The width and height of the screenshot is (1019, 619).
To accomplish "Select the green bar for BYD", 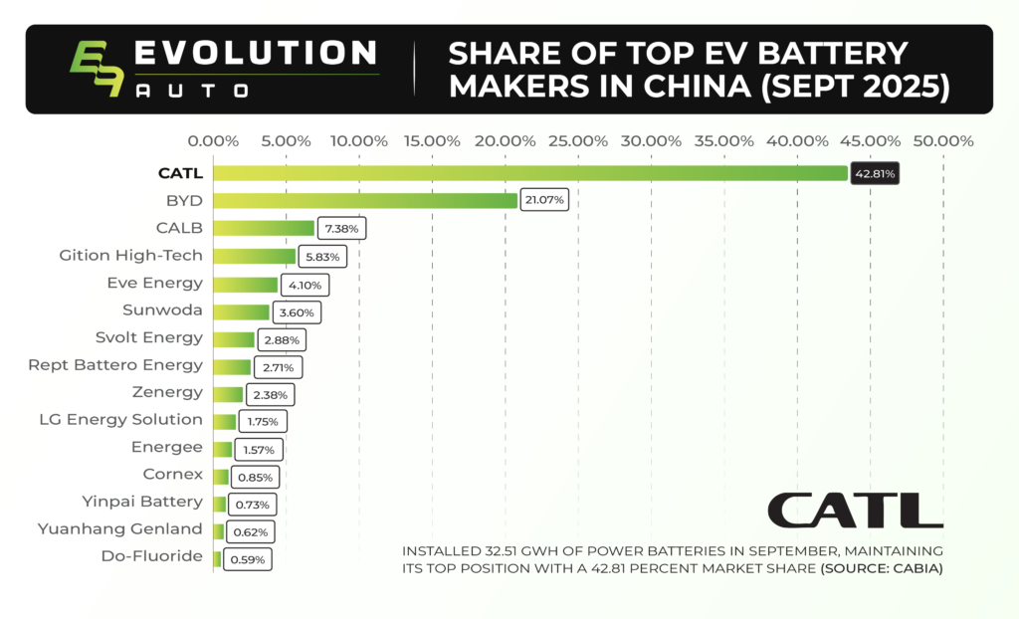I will [365, 200].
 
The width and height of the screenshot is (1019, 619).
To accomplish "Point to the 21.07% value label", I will [545, 200].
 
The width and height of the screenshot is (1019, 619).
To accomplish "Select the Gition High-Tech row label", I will [131, 256].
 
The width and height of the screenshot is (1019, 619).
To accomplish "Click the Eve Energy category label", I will [154, 283].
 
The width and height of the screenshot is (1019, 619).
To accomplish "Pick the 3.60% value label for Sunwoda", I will [297, 311].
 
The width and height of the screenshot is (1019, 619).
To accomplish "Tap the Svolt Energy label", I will [149, 337].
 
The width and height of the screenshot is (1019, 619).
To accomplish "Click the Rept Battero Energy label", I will [115, 365].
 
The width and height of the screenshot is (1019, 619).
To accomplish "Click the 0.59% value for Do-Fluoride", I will [247, 559].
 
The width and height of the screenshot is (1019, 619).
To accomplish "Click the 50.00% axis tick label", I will [941, 140].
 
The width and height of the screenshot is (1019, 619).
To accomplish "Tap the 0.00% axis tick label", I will [212, 140].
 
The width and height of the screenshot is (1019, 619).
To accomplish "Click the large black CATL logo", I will [855, 510].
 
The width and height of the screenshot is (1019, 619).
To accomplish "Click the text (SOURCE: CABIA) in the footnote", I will [881, 568].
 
